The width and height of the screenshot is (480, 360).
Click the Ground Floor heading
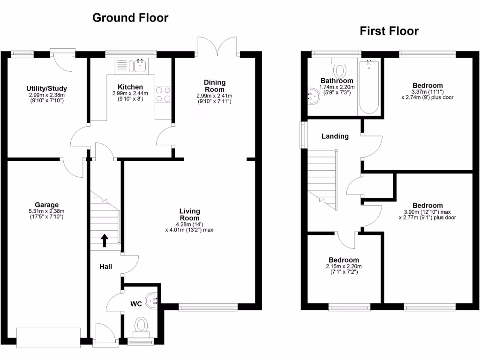[130, 18]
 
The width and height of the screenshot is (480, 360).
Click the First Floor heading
[389, 31]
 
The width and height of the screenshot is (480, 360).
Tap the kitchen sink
[137, 66]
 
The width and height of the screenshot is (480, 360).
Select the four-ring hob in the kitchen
[163, 94]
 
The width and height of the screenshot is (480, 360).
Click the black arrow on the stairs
[105, 240]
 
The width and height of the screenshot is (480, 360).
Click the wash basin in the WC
[151, 300]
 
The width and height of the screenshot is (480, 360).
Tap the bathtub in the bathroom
[369, 87]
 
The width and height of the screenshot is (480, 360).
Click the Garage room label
[46, 205]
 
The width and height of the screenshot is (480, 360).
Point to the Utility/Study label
[46, 89]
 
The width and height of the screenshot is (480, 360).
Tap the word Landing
[335, 136]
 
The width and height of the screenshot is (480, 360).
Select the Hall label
[105, 267]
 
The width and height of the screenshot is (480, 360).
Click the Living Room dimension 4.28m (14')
[189, 224]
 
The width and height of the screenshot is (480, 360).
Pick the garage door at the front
[48, 337]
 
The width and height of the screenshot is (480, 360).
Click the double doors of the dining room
[217, 46]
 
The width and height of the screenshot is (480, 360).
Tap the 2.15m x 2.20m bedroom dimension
[344, 266]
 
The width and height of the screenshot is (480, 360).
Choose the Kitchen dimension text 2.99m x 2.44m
[130, 93]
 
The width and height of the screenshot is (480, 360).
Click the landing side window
[304, 135]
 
